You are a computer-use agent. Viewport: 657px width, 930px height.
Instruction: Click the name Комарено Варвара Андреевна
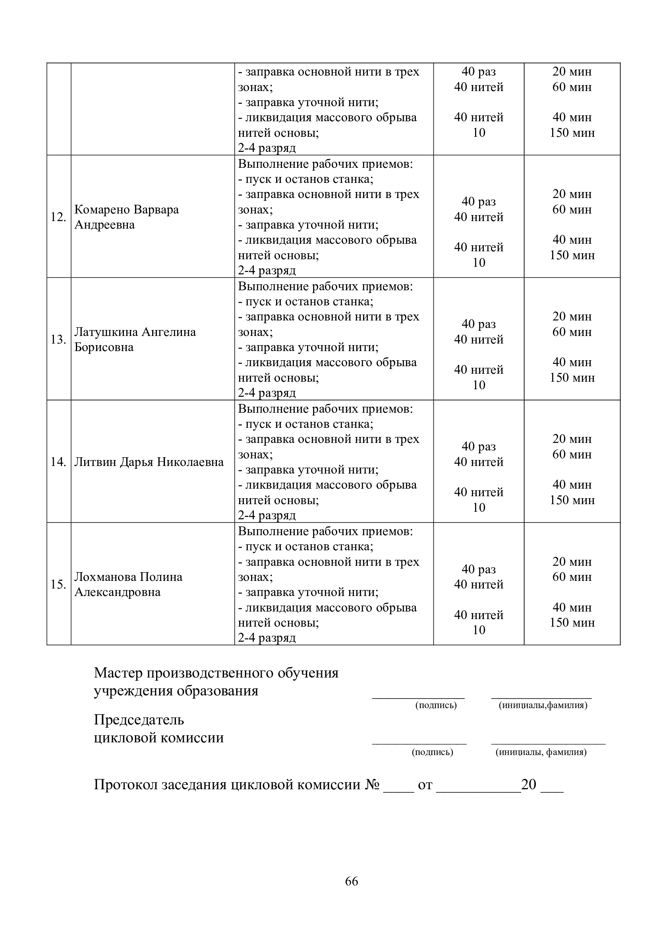126,217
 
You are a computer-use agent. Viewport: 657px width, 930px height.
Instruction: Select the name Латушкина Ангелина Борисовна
135,340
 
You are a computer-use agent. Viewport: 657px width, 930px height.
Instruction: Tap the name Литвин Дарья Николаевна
149,462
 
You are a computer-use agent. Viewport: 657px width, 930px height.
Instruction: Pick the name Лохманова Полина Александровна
128,584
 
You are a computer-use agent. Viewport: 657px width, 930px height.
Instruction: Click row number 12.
58,217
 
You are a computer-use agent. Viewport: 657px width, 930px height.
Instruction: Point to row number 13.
58,340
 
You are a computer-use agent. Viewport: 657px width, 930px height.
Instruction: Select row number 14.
58,462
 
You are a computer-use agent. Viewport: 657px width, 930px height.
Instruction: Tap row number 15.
58,584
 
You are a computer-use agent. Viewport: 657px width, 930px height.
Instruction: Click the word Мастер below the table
118,673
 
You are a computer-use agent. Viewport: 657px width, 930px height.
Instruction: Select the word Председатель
139,720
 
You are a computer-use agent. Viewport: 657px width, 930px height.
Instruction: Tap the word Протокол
126,784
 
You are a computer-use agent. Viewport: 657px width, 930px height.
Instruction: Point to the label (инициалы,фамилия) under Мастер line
543,705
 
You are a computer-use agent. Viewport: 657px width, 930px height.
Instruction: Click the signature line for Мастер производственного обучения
418,697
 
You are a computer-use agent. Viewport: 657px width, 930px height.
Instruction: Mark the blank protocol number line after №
399,790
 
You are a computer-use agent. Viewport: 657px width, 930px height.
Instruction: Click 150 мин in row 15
572,623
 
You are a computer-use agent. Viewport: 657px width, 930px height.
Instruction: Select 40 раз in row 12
479,202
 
